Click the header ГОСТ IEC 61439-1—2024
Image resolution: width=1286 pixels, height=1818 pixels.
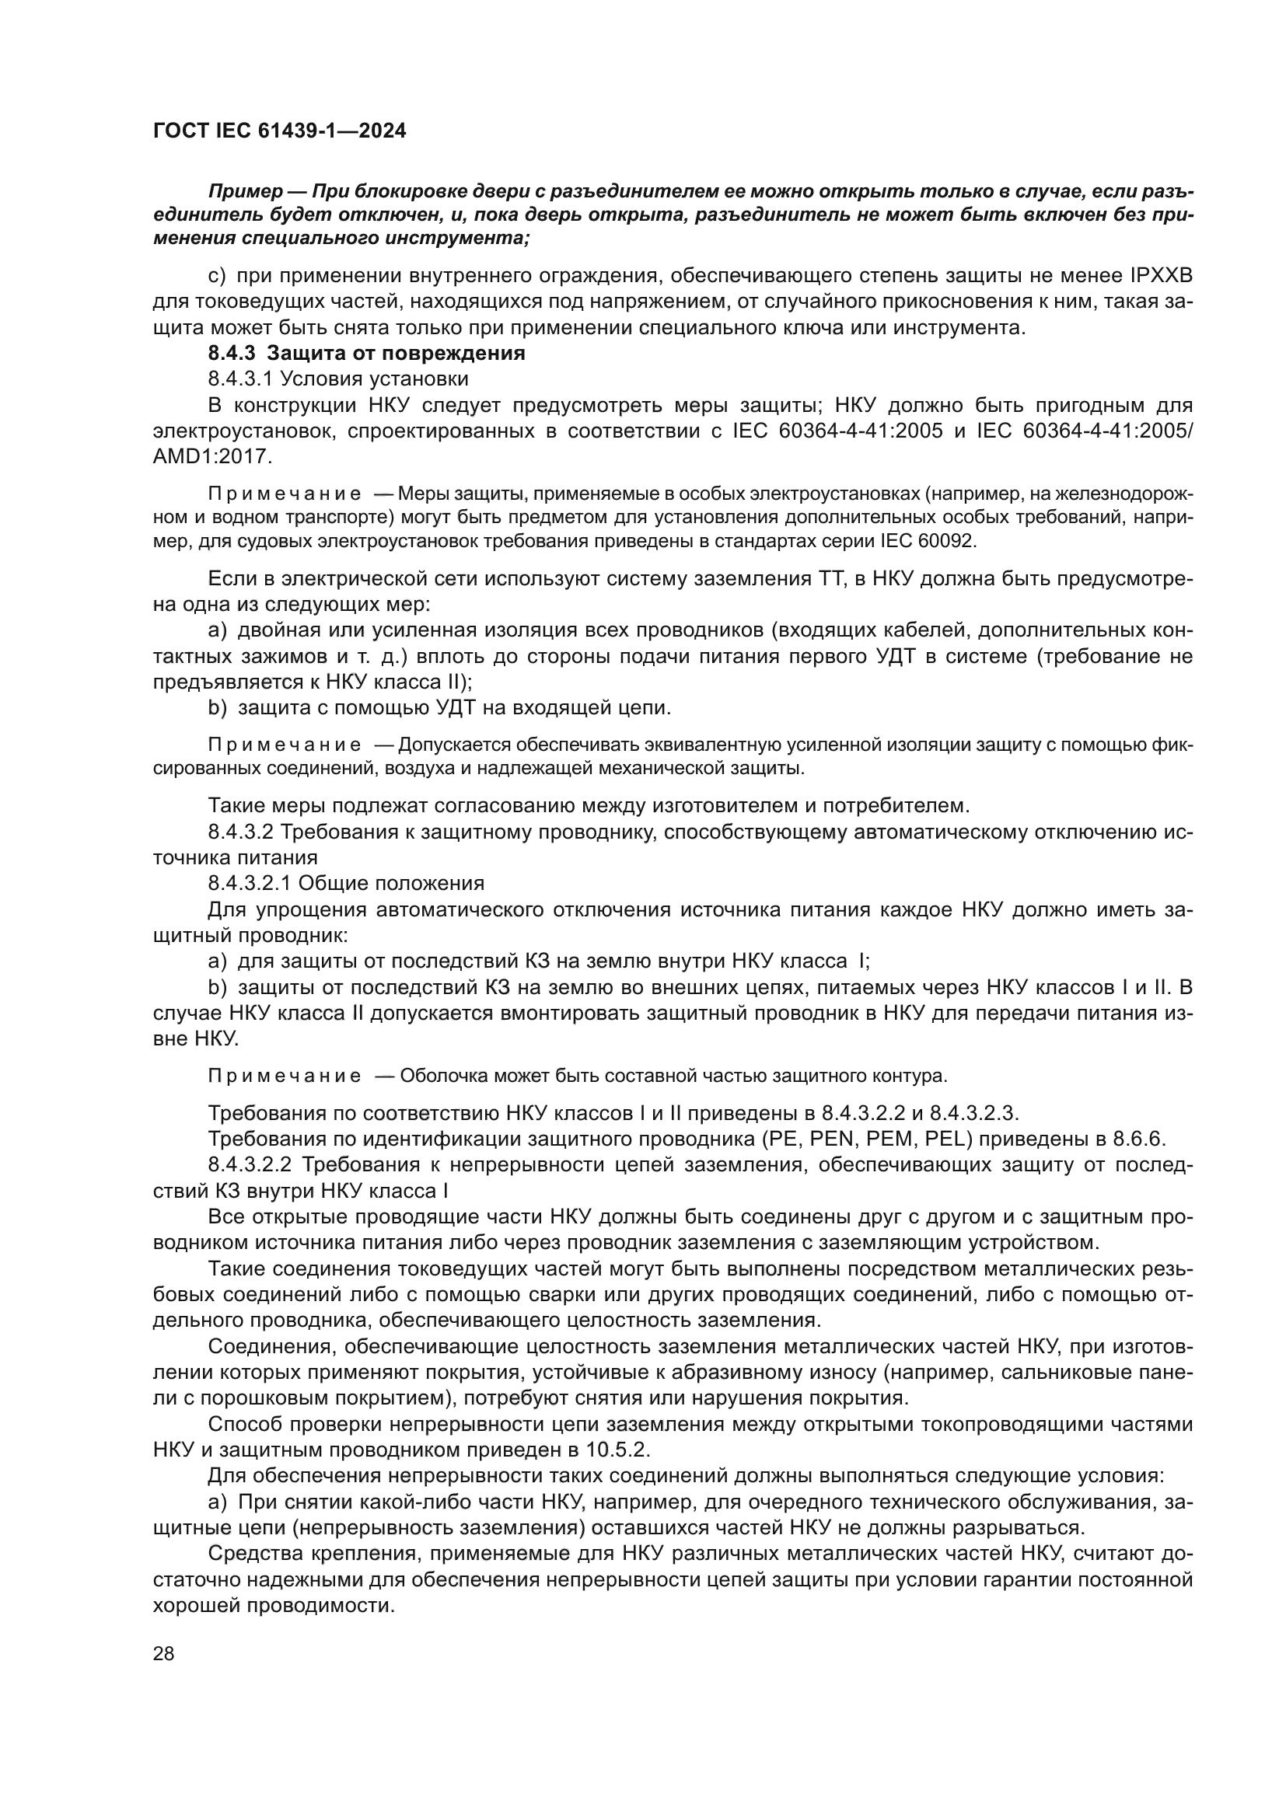[x=280, y=131]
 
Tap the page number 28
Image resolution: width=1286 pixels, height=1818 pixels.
[x=164, y=1654]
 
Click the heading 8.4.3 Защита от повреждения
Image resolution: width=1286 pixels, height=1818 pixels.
[x=367, y=353]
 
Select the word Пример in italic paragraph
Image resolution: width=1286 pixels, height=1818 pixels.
[x=246, y=192]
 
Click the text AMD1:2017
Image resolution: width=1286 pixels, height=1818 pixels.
[x=212, y=457]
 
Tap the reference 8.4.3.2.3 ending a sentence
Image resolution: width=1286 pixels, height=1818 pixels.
[x=972, y=1113]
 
